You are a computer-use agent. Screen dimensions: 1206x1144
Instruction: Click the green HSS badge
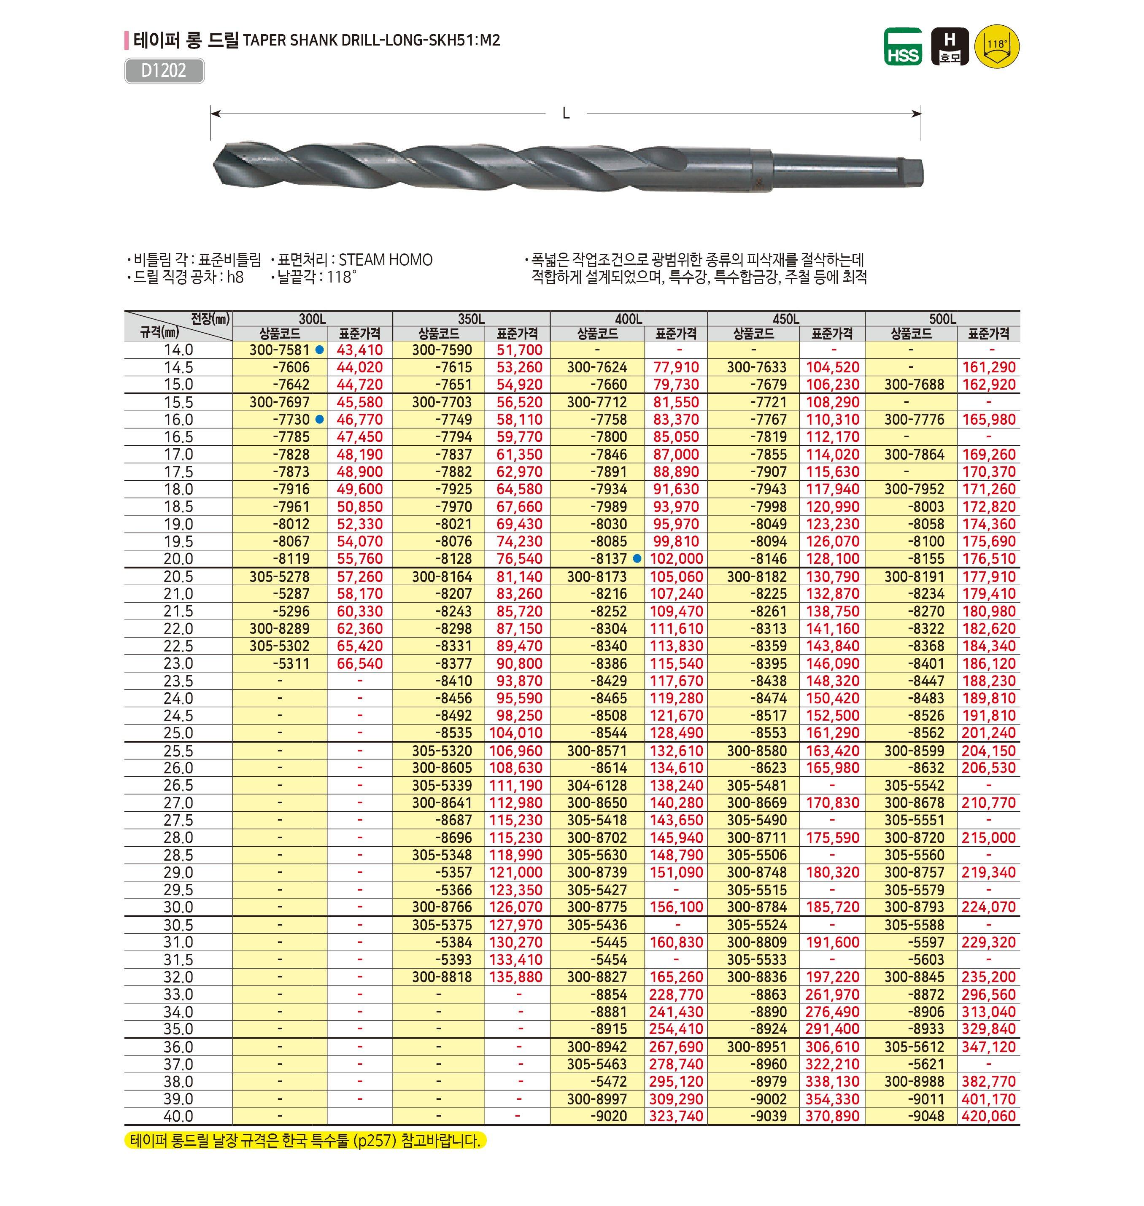pos(903,47)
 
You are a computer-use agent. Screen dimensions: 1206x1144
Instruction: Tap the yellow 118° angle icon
pos(997,46)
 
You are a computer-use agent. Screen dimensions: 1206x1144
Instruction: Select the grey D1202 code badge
pos(164,71)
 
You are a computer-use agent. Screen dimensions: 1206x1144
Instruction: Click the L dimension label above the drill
pos(566,114)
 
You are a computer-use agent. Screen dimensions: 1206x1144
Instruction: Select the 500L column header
pos(942,319)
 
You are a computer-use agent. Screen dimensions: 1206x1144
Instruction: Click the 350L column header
pos(471,319)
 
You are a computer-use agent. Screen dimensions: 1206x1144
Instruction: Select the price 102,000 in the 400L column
pos(676,558)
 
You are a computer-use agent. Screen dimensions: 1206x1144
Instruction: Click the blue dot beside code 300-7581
pos(319,350)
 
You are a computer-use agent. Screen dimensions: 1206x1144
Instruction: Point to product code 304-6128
pos(597,785)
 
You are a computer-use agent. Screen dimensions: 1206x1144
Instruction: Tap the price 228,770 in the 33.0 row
pos(676,994)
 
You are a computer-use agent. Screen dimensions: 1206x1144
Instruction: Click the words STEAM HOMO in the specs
pos(386,260)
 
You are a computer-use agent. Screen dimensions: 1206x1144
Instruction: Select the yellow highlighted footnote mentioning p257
pos(305,1140)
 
